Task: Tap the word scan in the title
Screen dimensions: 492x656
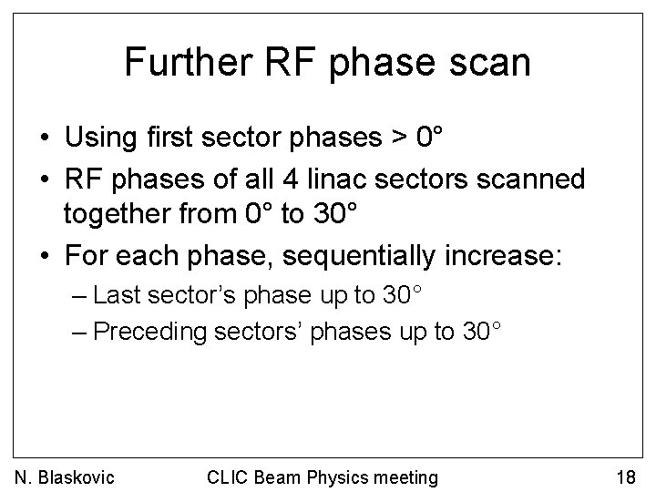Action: coord(490,62)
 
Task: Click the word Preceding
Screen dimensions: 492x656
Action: coord(150,332)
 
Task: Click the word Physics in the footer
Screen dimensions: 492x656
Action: coord(339,477)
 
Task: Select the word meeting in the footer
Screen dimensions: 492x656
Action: coord(406,477)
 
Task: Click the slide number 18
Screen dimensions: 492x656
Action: coord(627,477)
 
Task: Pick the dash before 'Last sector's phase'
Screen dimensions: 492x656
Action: coord(79,296)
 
